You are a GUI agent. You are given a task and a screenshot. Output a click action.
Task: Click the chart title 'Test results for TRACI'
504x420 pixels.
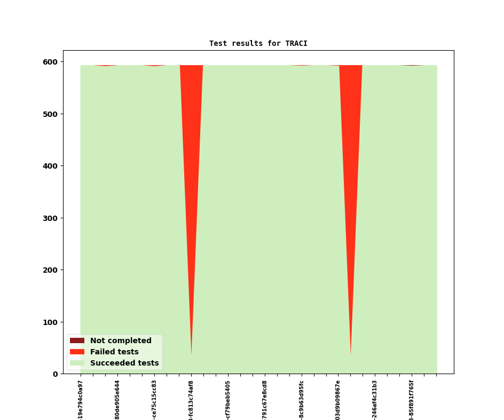(258, 43)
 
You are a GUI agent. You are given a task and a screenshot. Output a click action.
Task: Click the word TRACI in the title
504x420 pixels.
(296, 43)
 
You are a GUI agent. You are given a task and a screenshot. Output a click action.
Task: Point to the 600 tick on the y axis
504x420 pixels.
(51, 62)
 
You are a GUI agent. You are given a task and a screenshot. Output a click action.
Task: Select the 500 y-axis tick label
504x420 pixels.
(51, 114)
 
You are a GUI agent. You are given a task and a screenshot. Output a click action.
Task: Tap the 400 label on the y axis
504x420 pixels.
(51, 166)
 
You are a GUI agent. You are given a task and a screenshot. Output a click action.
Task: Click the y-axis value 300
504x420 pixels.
(51, 218)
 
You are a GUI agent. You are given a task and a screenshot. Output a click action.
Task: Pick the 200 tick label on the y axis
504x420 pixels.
(51, 270)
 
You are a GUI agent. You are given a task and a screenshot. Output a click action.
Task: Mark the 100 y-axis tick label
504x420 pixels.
(51, 322)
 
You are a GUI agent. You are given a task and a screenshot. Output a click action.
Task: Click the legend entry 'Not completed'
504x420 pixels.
(121, 340)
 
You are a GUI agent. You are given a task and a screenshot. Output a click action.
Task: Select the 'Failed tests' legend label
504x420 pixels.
(114, 352)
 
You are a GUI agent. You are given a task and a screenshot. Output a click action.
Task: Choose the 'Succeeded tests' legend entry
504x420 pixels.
(124, 363)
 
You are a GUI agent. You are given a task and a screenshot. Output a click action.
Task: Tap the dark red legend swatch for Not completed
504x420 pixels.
(77, 340)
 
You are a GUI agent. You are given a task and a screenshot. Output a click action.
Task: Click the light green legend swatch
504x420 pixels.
(77, 363)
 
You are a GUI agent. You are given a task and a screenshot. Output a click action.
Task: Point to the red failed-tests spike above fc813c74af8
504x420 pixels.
(191, 160)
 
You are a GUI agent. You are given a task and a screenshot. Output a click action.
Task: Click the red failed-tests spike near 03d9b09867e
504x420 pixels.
(351, 160)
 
